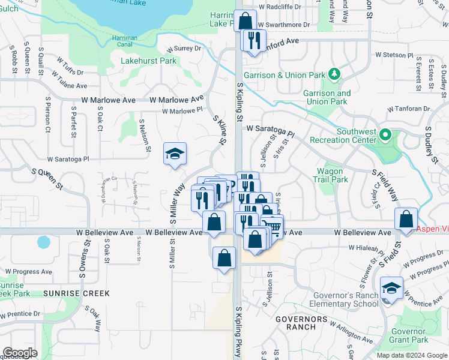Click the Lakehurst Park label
(x=148, y=61)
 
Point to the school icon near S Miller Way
(x=175, y=154)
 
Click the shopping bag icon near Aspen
(x=406, y=219)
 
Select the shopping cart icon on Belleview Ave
(x=271, y=226)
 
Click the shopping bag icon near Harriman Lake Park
(x=246, y=21)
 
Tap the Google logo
(x=20, y=353)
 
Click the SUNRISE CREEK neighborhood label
(x=68, y=293)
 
